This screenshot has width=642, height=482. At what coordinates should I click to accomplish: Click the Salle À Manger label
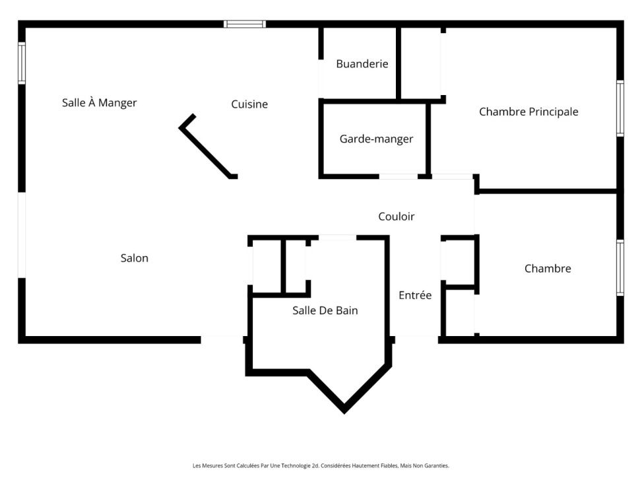(99, 103)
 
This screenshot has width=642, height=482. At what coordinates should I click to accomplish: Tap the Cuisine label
(249, 104)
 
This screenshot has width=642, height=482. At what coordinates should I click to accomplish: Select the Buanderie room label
(362, 64)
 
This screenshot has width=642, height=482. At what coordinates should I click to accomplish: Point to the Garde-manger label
(376, 139)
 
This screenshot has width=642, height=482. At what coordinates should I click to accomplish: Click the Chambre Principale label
(529, 112)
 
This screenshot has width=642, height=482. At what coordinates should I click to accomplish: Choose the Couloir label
(396, 216)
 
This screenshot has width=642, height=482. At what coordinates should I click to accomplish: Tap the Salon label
(134, 258)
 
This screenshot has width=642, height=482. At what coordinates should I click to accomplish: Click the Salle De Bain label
(325, 310)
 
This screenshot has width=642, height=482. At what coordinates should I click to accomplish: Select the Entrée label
(415, 295)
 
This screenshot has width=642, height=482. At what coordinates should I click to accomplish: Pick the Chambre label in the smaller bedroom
(548, 269)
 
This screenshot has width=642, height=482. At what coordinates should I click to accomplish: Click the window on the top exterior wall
(245, 24)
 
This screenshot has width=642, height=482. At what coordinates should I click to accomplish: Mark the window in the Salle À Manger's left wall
(22, 63)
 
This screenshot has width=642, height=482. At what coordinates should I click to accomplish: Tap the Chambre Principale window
(620, 108)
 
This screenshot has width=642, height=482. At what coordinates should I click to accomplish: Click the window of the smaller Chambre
(620, 267)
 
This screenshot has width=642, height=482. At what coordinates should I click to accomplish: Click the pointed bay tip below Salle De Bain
(344, 409)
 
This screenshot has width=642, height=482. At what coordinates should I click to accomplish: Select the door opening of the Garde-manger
(399, 176)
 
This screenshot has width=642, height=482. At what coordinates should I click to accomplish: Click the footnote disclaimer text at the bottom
(321, 465)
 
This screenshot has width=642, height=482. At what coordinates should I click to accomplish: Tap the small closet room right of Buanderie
(421, 63)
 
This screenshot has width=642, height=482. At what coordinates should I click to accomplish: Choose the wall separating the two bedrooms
(548, 191)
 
